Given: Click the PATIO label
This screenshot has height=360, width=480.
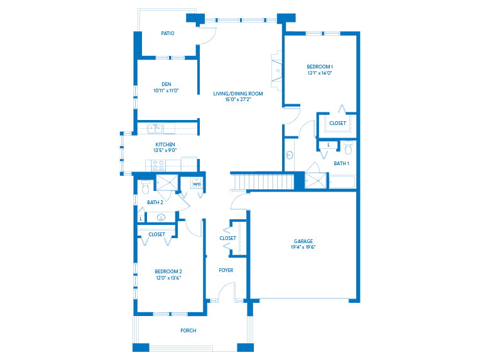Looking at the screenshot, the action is [168, 33].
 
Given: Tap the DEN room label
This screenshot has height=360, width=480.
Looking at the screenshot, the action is [166, 84].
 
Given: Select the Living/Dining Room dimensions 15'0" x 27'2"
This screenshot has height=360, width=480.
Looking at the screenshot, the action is [238, 99].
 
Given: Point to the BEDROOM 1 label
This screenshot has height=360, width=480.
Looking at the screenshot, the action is [320, 67].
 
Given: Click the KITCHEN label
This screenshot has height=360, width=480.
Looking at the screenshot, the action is [165, 145].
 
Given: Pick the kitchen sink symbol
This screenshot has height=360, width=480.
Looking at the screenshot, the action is [156, 129].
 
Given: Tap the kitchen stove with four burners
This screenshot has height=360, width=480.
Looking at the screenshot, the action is [158, 165].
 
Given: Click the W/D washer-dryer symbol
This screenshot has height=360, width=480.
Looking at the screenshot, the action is [197, 183].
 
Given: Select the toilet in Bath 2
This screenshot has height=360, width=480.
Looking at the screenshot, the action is [145, 187].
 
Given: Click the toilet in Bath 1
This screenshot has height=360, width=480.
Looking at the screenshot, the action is [348, 148].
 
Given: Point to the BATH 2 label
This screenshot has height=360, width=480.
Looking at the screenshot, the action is [155, 202].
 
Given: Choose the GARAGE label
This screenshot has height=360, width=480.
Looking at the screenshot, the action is [303, 241].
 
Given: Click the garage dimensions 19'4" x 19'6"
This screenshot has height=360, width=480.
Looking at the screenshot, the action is [303, 247].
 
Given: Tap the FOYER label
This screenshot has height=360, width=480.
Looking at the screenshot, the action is [226, 270].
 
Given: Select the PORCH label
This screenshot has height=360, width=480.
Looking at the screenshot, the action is [188, 330].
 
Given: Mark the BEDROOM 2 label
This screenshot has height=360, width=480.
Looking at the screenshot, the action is [168, 271].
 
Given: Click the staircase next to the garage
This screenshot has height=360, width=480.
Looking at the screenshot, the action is [263, 182].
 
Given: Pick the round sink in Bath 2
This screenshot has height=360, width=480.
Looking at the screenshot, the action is [161, 217].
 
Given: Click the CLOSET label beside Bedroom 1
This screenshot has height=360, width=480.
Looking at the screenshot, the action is [337, 123].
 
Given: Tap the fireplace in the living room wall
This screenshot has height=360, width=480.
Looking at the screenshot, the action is [276, 71].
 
